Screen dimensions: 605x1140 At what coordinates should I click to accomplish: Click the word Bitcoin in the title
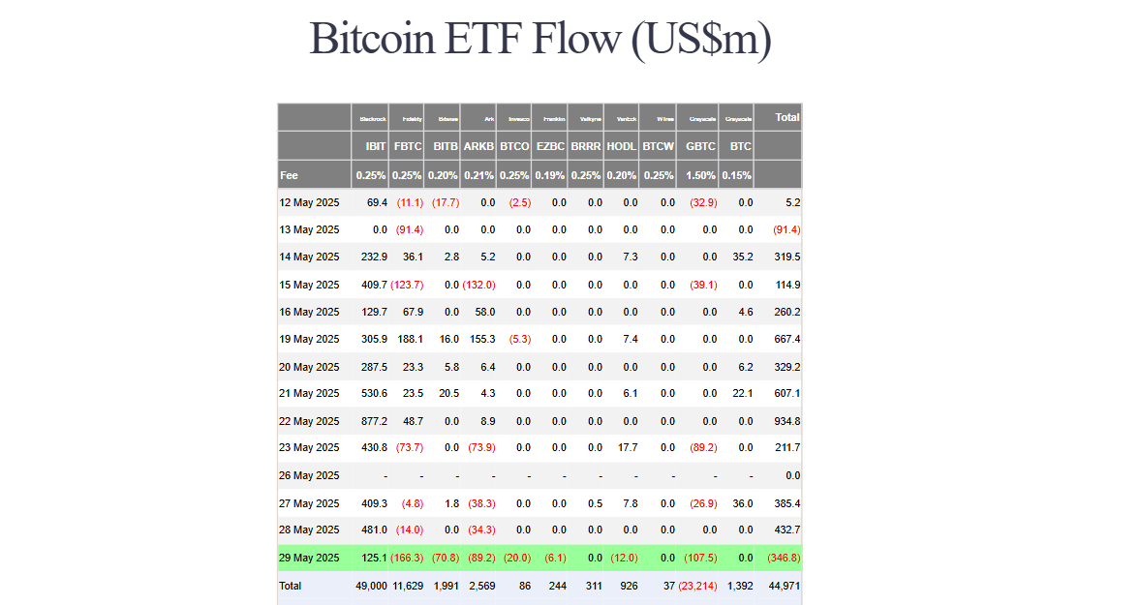point(371,40)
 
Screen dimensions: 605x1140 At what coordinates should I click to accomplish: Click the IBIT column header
point(376,146)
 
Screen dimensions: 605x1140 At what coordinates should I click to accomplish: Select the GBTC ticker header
point(700,146)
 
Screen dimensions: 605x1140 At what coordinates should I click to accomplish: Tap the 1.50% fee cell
point(700,175)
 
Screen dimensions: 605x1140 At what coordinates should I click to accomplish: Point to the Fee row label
point(289,175)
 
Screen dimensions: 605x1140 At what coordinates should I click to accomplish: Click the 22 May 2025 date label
point(309,421)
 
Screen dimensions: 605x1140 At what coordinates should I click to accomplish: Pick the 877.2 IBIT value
point(374,421)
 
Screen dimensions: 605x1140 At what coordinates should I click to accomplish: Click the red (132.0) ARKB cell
point(478,285)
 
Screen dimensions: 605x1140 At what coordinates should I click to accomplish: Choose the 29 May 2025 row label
point(309,558)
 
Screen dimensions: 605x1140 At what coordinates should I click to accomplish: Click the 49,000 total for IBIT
point(371,586)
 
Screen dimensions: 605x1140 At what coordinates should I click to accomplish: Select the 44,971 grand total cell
point(784,586)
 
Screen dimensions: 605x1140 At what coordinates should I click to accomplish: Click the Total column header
point(787,117)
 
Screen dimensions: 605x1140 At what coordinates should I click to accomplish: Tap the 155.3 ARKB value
point(481,340)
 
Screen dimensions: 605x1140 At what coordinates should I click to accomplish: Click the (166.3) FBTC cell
point(407,558)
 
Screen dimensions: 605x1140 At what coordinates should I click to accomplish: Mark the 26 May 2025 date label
point(309,475)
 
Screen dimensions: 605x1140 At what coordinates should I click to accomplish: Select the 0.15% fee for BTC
point(740,175)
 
